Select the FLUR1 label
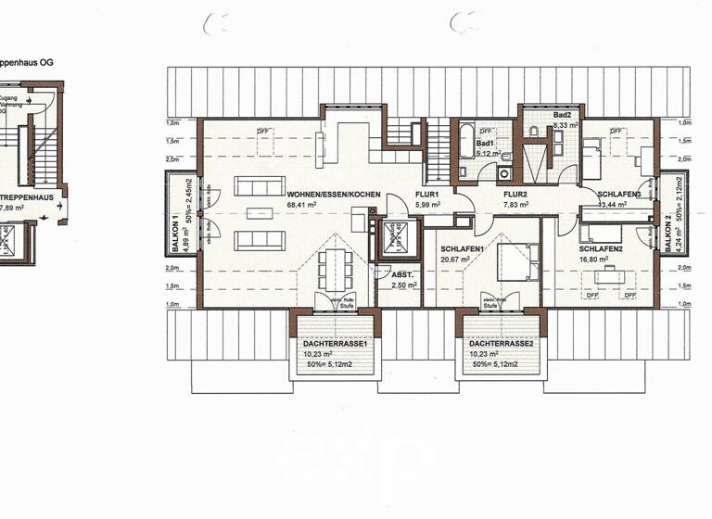426,195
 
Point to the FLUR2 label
515,195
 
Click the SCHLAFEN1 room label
461,249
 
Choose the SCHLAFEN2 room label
600,249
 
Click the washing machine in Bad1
504,172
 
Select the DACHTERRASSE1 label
335,343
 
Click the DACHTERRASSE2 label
501,343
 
